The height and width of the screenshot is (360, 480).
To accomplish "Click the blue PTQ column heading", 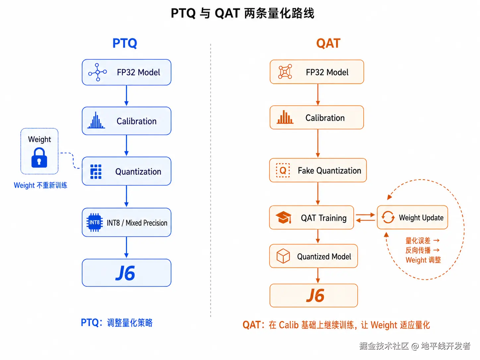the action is click(x=125, y=43).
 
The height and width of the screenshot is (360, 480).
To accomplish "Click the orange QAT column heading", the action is click(x=328, y=43).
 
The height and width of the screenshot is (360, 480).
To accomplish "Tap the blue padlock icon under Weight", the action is click(x=39, y=157).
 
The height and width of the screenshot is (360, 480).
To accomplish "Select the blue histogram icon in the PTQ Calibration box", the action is click(x=96, y=120).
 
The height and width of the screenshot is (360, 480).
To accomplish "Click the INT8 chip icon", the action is click(x=94, y=222).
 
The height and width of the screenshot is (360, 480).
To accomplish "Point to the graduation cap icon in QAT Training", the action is click(x=283, y=217).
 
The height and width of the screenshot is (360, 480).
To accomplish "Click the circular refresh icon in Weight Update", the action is click(x=388, y=217).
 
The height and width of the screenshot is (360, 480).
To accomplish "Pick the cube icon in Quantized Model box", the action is click(x=283, y=256).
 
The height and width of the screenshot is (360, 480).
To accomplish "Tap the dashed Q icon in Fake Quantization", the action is click(x=283, y=170).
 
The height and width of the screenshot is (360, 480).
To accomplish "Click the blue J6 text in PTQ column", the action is click(x=125, y=273).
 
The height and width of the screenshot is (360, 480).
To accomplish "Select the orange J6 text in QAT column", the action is click(x=315, y=295).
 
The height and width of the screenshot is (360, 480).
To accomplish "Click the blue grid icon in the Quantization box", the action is click(x=96, y=172).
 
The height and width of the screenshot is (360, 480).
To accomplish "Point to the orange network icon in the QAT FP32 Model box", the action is click(x=285, y=72).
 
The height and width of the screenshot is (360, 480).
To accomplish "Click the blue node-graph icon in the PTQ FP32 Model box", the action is click(x=97, y=72).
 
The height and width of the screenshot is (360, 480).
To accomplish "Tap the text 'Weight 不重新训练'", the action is click(x=40, y=185).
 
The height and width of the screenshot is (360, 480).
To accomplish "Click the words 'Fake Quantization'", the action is click(x=329, y=170).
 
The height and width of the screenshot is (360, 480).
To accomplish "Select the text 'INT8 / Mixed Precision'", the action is click(x=137, y=223).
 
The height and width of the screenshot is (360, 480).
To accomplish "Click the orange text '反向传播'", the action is click(x=418, y=250).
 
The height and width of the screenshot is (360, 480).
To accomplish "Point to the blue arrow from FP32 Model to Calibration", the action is click(x=126, y=95).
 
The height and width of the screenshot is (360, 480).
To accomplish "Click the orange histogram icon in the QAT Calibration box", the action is click(x=285, y=117).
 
